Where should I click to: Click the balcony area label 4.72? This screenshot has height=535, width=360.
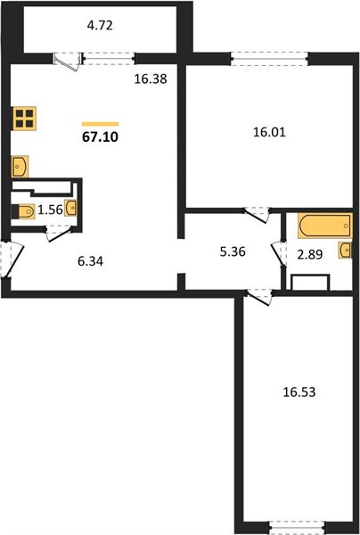tap(100, 26)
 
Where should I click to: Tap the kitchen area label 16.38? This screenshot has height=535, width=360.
tap(151, 79)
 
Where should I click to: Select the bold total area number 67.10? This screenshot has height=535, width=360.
tap(100, 137)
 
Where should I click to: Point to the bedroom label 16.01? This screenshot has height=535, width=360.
tap(269, 132)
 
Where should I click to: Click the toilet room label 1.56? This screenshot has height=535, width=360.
tap(50, 210)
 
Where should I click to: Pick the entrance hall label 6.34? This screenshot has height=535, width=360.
tap(90, 262)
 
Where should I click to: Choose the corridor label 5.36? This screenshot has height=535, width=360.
tap(233, 252)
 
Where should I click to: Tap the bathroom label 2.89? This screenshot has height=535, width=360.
tap(309, 254)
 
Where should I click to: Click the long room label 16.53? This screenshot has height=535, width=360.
tap(299, 392)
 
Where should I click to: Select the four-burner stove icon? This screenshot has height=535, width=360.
tap(25, 119)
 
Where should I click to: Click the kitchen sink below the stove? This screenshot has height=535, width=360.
tap(20, 167)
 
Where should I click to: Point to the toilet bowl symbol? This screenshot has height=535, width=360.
tap(23, 211)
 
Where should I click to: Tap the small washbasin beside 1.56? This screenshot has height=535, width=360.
tap(70, 208)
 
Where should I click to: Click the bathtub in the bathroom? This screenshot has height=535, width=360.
tap(325, 226)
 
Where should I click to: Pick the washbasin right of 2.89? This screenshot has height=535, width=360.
tap(345, 250)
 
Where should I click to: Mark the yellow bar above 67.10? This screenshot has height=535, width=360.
tap(100, 124)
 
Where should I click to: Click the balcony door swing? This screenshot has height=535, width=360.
tap(69, 62)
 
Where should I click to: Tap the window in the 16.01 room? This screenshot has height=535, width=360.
tap(269, 59)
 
